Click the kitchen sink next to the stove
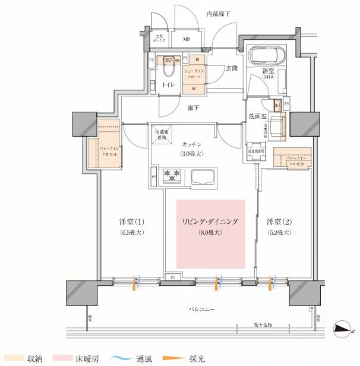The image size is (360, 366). coord(206,177)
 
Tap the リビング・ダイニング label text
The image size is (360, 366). coord(210,222)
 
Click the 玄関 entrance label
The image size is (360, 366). coord(231,68)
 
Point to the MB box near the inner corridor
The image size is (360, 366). coord(186,40)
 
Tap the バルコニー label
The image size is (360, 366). coord(203,309)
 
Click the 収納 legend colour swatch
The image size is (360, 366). coord(12,358)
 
